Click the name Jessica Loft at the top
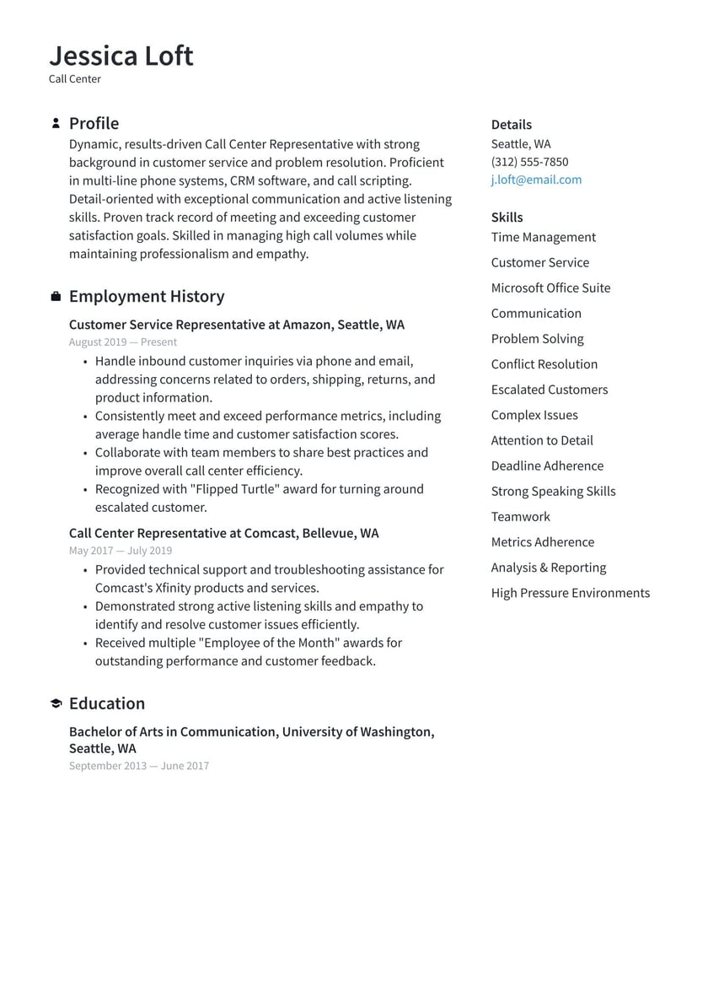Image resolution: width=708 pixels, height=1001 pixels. point(121,56)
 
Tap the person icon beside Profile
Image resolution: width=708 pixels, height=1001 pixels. point(56,124)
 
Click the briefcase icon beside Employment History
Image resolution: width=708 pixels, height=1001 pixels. point(56,297)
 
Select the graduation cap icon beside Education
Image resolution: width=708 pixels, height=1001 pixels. point(56,704)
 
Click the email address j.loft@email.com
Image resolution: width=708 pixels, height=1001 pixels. point(536,180)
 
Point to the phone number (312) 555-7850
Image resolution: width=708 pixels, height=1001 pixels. point(529,162)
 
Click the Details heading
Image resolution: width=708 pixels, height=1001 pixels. point(511,125)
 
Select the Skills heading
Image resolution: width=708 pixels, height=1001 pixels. point(507,218)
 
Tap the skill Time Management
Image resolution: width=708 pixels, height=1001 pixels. point(543,238)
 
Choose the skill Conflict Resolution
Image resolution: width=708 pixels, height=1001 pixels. point(544,364)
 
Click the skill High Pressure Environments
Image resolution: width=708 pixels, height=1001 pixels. point(570,593)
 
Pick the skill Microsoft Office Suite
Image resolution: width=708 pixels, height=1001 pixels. point(550,288)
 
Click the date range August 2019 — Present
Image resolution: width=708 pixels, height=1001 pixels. point(123,342)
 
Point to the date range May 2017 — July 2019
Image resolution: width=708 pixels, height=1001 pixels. point(121,551)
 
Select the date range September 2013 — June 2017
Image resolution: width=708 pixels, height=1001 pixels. point(139,767)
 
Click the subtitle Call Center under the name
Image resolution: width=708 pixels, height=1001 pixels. point(75,79)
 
